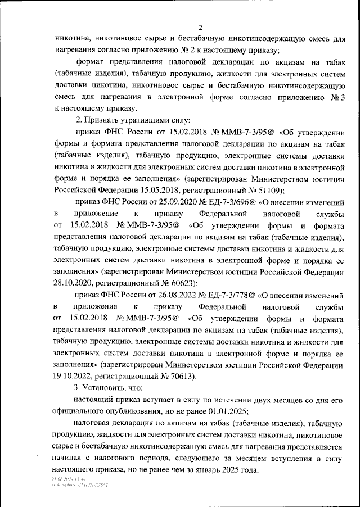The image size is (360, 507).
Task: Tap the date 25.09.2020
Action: [x=154, y=202]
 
